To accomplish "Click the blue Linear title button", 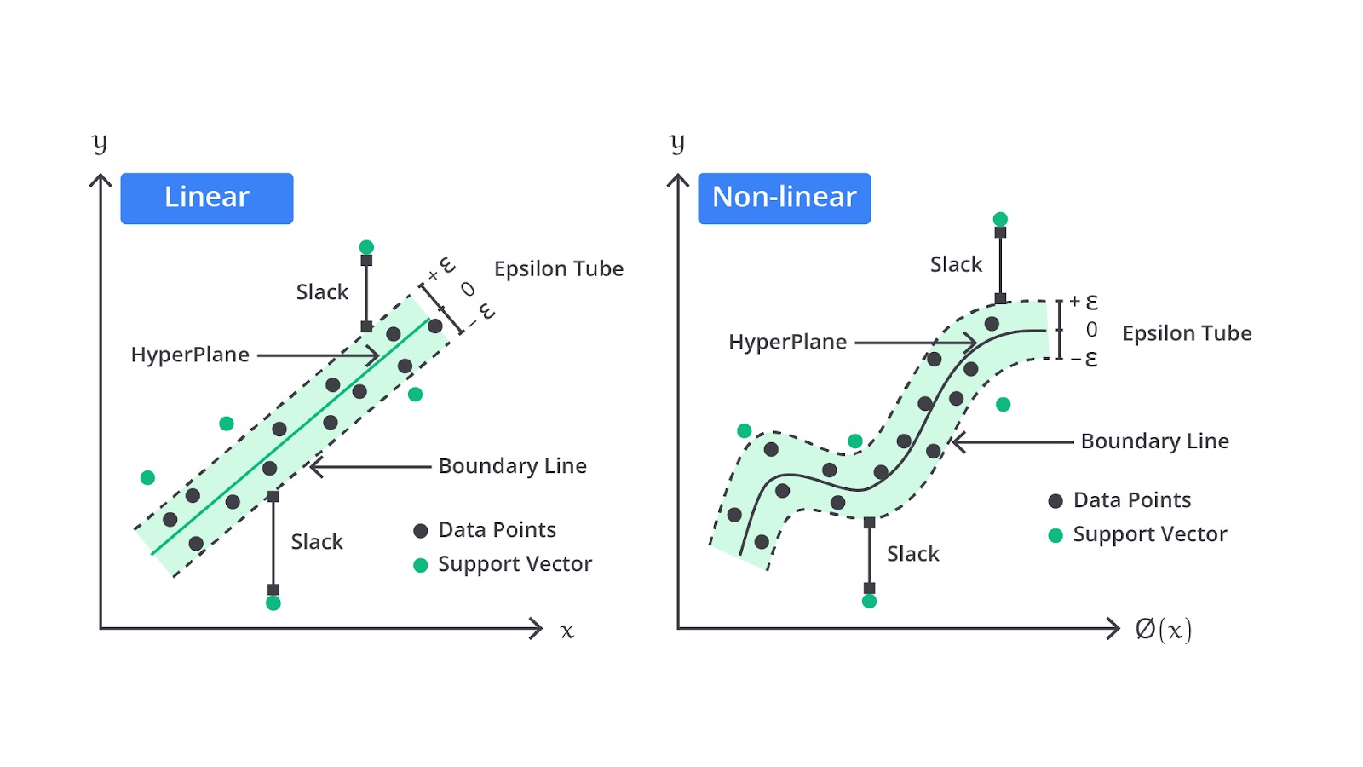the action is click(207, 199).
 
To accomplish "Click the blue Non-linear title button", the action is click(785, 199).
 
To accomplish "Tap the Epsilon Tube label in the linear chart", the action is click(559, 269).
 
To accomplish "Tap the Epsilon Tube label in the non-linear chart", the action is click(1188, 333).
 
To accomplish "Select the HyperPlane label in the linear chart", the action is click(190, 355).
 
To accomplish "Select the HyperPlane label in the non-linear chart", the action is click(787, 342).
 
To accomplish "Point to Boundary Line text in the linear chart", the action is click(512, 466).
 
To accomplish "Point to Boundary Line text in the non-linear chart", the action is click(1155, 441).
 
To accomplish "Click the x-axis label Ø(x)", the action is click(1164, 630).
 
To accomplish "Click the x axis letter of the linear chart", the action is click(567, 631).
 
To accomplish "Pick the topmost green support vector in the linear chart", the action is click(366, 247).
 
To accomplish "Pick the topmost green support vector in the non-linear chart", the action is click(1000, 219).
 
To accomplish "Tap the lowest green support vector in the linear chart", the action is click(273, 603).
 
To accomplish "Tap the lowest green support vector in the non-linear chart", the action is click(870, 602).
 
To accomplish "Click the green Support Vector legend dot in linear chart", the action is click(421, 566).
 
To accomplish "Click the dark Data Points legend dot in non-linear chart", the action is click(1055, 501).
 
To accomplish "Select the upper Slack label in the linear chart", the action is click(322, 292).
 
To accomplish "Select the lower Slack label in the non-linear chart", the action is click(912, 554).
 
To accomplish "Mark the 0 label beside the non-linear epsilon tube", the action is click(1091, 330).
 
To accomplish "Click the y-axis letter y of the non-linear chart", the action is click(677, 144).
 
